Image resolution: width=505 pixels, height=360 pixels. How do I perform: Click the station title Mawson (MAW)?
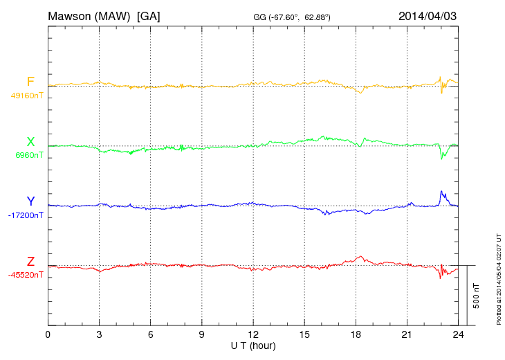click(90, 16)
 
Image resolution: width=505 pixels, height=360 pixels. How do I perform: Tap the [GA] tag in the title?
click(149, 16)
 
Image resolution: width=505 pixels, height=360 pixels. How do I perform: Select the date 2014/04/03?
click(427, 16)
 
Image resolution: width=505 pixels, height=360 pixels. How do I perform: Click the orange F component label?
click(30, 82)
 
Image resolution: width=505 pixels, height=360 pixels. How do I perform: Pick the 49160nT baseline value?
click(26, 96)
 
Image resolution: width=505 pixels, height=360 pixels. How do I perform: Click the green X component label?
click(30, 142)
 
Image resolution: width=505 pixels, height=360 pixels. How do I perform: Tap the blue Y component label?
click(30, 201)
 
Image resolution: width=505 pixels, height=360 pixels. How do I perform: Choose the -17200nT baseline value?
click(26, 215)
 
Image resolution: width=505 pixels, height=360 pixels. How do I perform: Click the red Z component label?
click(30, 262)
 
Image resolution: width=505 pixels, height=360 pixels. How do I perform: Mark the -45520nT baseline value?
click(26, 275)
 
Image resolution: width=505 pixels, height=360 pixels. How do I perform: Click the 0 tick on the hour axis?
click(48, 335)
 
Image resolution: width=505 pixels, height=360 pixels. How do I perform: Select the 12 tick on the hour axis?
click(253, 335)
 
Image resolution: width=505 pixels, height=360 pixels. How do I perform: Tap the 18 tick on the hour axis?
click(356, 335)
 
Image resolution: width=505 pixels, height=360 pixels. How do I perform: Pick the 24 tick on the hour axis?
click(458, 335)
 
